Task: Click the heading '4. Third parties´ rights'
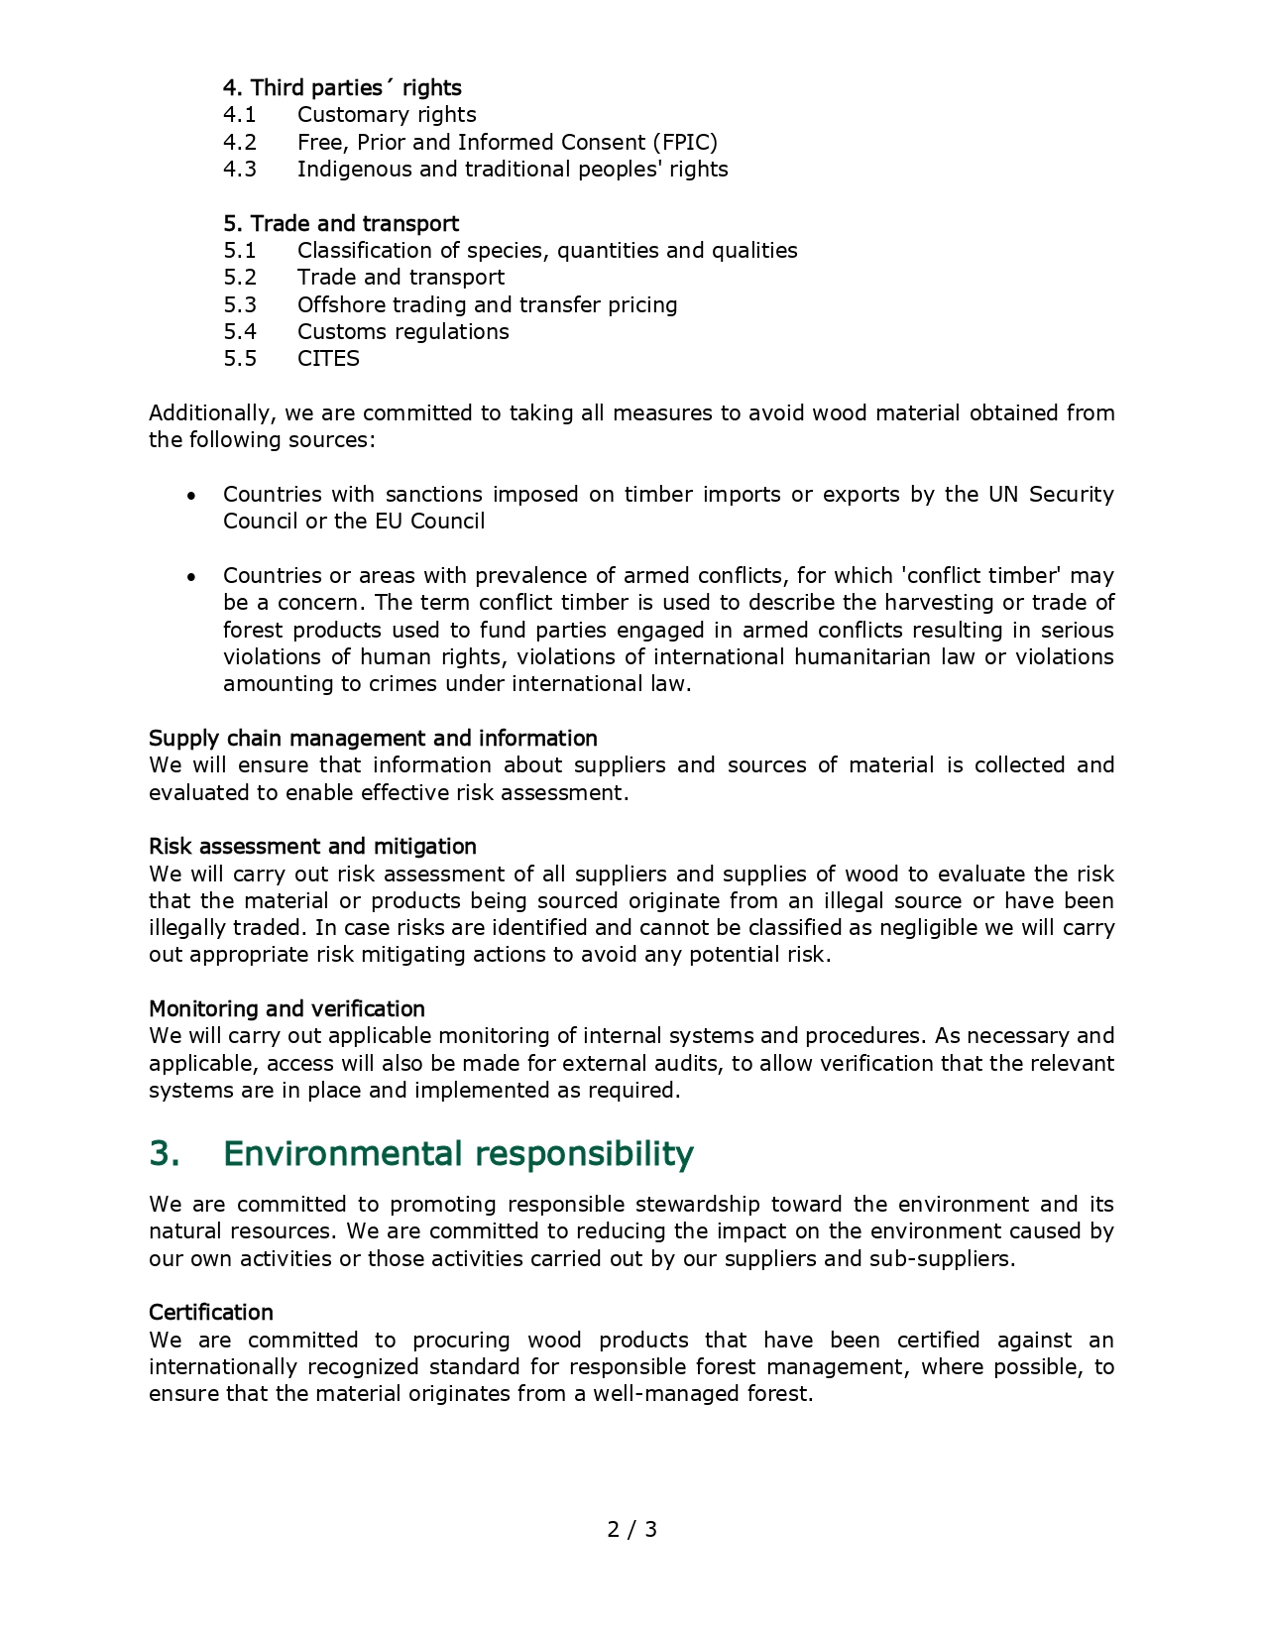(342, 87)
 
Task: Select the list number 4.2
(239, 142)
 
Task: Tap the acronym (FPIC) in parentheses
(684, 142)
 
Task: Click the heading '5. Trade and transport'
(341, 223)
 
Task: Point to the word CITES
(328, 359)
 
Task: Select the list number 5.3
(239, 304)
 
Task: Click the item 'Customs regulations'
(402, 332)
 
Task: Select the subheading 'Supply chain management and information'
(373, 738)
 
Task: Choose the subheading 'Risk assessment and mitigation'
(312, 846)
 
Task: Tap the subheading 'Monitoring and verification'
(287, 1008)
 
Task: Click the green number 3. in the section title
(165, 1154)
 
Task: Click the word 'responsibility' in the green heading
(584, 1154)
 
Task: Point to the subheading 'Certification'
(211, 1312)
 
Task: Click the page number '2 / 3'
(632, 1529)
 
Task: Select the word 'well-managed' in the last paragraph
(656, 1394)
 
